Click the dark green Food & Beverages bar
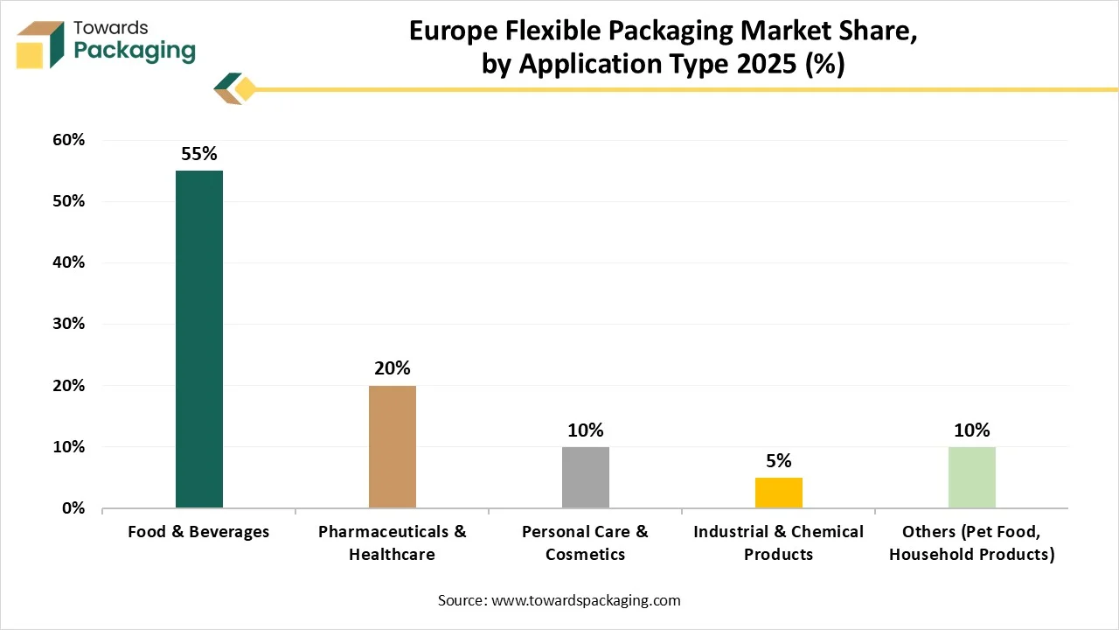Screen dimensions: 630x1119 [199, 339]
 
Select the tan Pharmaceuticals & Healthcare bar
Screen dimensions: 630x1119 [393, 446]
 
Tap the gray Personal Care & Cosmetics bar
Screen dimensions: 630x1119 [586, 477]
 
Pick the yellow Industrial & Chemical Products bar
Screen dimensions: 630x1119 [779, 493]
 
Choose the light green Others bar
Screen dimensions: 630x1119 [972, 477]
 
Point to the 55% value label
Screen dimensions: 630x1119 [199, 154]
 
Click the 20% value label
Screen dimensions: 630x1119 [393, 368]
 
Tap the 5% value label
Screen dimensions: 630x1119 [779, 460]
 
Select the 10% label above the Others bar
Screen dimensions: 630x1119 [972, 430]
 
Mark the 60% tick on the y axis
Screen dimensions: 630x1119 [68, 140]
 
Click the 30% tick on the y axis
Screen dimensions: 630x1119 [68, 324]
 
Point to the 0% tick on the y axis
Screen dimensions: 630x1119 [73, 508]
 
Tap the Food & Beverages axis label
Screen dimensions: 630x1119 [199, 532]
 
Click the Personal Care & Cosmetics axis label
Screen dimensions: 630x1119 [586, 542]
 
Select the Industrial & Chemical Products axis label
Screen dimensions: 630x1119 [779, 542]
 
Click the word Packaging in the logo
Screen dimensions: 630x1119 [135, 52]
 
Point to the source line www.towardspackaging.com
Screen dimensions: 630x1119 [559, 600]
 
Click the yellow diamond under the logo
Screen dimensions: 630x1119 [246, 89]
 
